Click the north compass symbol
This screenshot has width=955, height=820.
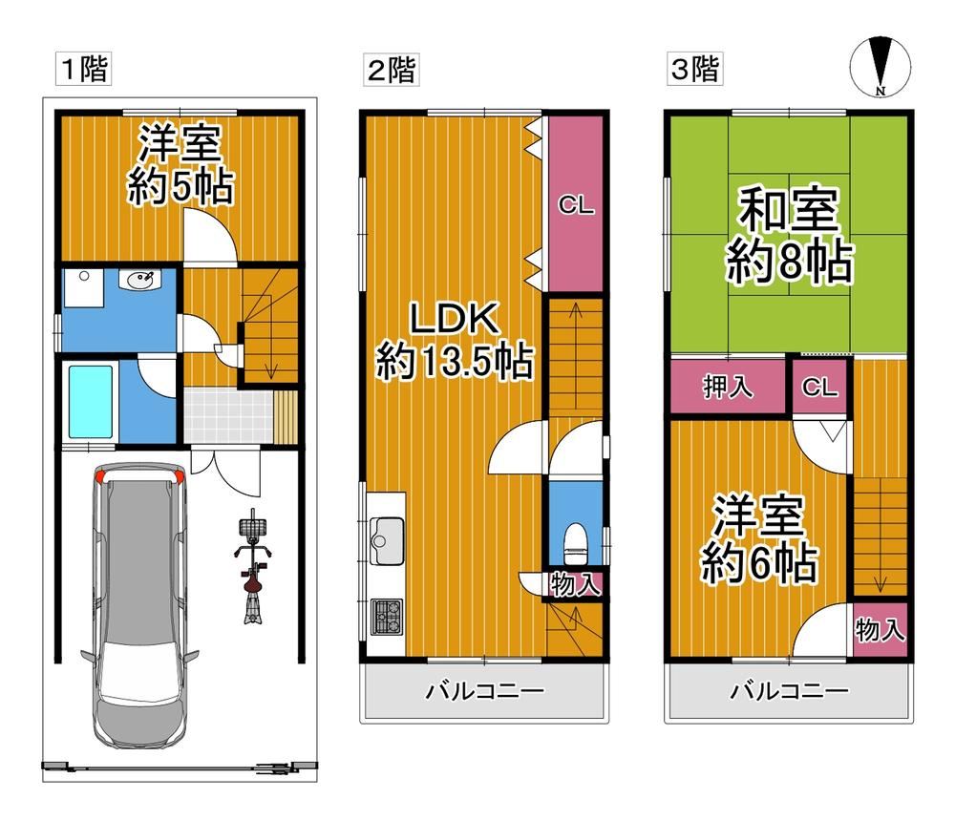[881, 67]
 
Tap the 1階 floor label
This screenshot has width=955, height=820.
[83, 69]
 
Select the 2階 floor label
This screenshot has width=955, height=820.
[392, 70]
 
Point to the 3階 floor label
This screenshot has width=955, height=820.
[695, 69]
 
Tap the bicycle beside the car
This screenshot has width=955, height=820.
[253, 568]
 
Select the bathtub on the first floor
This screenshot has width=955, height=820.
[91, 402]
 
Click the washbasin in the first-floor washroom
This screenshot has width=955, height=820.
[139, 280]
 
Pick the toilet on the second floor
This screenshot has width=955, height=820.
[576, 543]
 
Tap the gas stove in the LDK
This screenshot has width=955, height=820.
[387, 617]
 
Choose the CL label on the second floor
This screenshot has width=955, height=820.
[576, 205]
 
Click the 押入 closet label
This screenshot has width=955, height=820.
[728, 387]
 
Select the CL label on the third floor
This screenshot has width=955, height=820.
[819, 387]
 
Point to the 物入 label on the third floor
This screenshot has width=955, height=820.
[881, 629]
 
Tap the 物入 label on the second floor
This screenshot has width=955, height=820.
[576, 585]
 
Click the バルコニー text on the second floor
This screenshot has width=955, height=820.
[484, 691]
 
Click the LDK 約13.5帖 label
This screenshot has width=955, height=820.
[455, 341]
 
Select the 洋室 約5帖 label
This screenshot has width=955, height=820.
[180, 164]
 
